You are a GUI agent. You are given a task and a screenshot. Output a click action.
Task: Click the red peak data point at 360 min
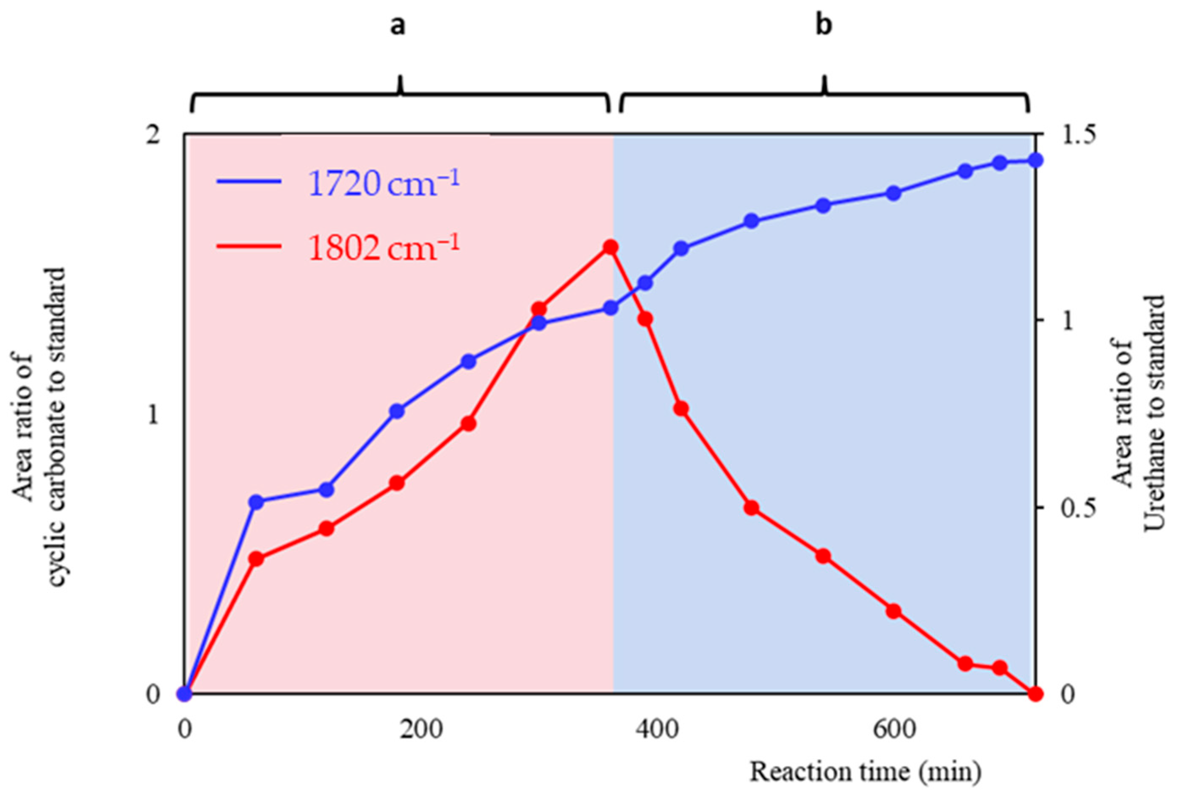point(610,247)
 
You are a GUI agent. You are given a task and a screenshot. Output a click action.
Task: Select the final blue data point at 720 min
point(1036,161)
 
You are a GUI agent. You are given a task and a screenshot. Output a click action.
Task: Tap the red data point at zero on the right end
point(1036,693)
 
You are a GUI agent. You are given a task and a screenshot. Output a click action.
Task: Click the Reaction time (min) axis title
point(865,771)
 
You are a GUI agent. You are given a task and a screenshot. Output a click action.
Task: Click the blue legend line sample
point(249,181)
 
